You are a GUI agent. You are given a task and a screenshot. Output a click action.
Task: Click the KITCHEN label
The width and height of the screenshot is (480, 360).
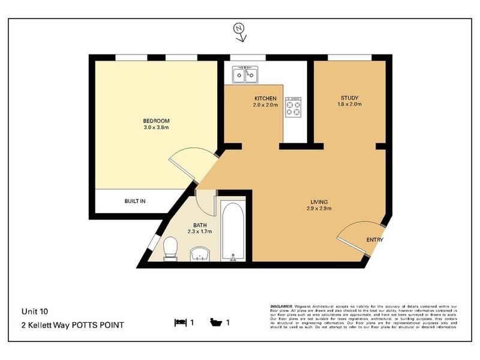point(265,98)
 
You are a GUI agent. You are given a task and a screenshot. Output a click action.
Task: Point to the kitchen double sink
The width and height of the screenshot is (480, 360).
point(245,76)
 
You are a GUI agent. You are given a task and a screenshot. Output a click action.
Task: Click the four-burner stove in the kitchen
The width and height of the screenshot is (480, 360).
point(294,106)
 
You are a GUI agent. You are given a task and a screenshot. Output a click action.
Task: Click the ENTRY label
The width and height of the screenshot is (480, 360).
point(374,240)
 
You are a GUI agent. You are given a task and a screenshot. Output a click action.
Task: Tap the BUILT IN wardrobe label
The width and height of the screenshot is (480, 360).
point(135,201)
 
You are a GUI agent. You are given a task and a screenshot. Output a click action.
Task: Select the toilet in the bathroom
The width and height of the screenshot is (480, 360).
point(170,248)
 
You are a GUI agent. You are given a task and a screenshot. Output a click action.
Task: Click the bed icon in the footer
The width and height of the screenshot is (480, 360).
point(179,322)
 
